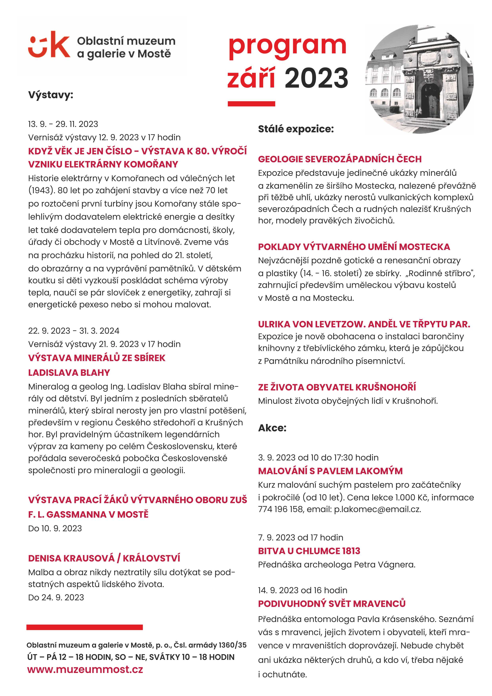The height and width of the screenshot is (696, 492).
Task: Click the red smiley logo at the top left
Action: tap(49, 45)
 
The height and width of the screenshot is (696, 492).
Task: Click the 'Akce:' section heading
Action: tap(272, 428)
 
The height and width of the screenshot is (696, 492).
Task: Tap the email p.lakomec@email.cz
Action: tap(377, 509)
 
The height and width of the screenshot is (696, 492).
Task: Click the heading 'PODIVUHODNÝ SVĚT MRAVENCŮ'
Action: tap(332, 604)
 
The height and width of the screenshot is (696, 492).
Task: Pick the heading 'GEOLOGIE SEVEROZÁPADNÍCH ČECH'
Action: tap(340, 159)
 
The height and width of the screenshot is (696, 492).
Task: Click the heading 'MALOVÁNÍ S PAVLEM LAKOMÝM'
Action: tap(330, 471)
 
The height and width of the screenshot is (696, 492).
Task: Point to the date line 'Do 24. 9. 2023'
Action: tap(56, 597)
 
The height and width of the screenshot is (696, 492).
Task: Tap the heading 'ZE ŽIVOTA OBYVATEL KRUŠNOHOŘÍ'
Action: tap(337, 387)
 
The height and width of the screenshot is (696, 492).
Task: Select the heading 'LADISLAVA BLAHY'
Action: tap(69, 373)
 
